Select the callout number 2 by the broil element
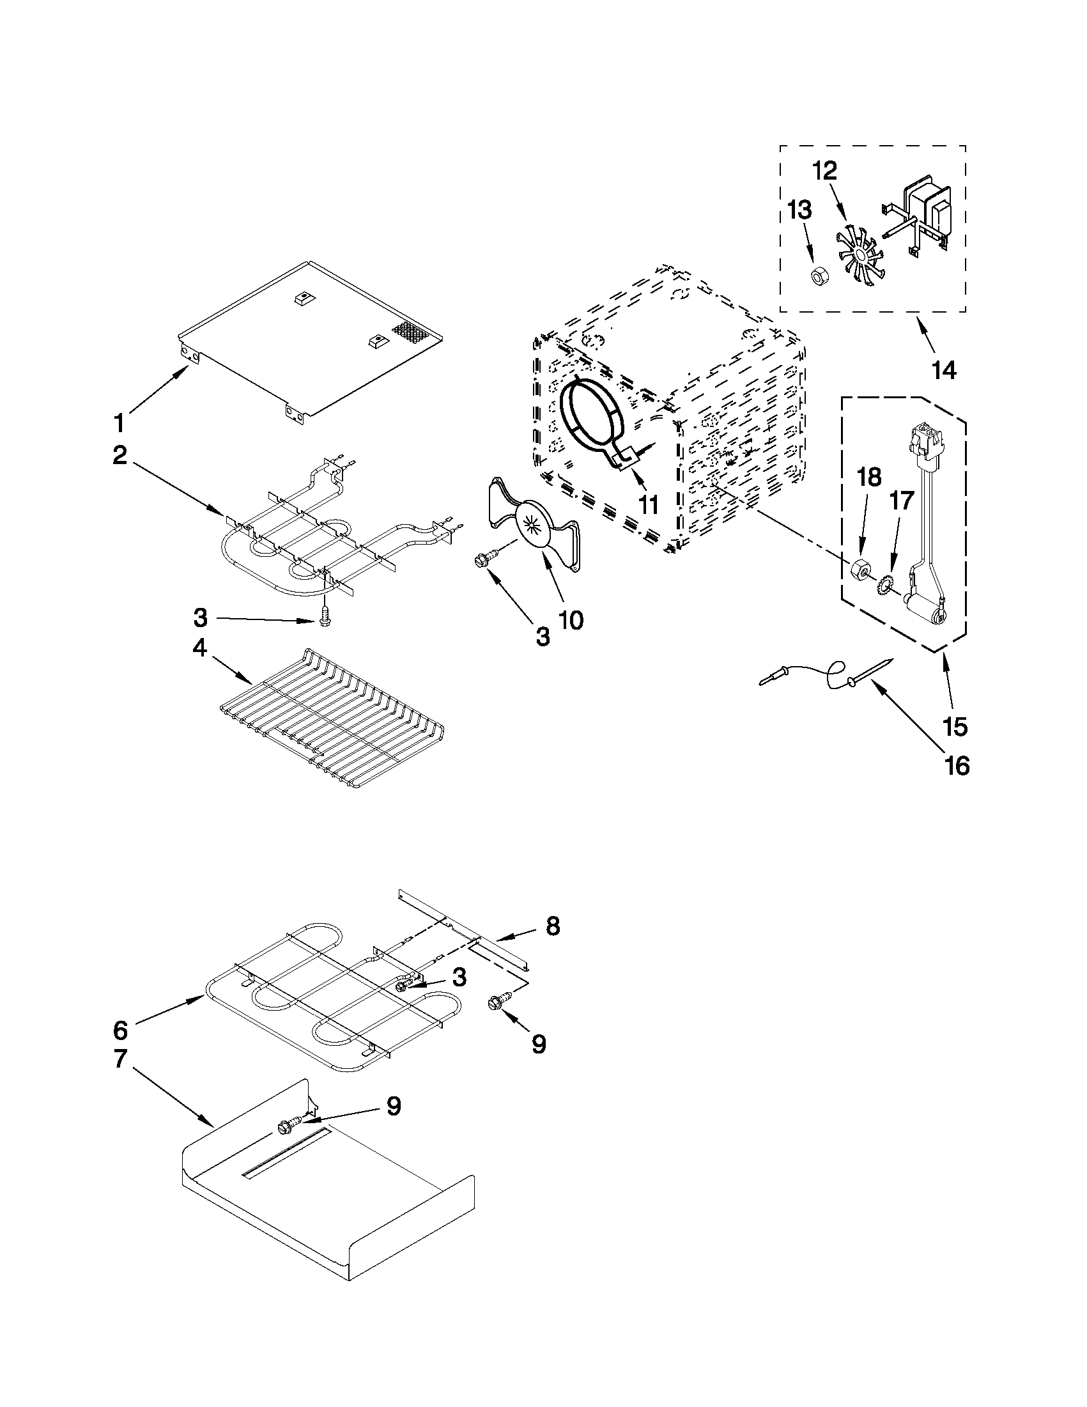tap(119, 456)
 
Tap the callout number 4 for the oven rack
tap(199, 648)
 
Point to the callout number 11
tap(648, 504)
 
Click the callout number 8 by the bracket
tap(552, 926)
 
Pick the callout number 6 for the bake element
tap(121, 1029)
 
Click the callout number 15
tap(954, 727)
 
